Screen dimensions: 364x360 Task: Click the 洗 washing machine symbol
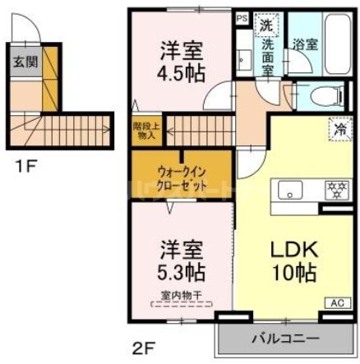coord(265,25)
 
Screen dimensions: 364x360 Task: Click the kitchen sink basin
coord(290,191)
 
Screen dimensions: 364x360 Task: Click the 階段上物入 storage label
coord(145,131)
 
